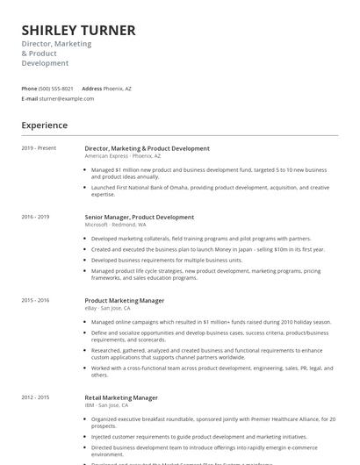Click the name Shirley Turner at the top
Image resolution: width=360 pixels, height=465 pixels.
78,31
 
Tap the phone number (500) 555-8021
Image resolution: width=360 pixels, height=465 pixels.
56,89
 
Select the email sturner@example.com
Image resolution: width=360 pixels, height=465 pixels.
66,99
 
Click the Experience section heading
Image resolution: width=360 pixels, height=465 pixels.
44,125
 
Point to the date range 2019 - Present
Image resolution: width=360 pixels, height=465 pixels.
39,148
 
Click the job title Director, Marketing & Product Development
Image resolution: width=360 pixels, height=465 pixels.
147,148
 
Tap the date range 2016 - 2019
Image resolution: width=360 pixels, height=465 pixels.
35,217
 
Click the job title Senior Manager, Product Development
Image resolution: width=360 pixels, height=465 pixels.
139,217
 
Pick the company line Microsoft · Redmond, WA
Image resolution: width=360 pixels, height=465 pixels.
115,225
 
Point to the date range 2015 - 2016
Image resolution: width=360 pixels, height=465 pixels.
35,301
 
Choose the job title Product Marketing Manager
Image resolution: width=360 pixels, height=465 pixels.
124,301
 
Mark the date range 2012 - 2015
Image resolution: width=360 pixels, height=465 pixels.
35,398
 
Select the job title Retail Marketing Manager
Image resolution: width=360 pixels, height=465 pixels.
121,398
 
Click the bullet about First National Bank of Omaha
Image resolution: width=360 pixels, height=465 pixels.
210,190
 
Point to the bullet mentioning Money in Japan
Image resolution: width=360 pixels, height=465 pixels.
207,249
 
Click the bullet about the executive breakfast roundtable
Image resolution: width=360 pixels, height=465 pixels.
213,420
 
